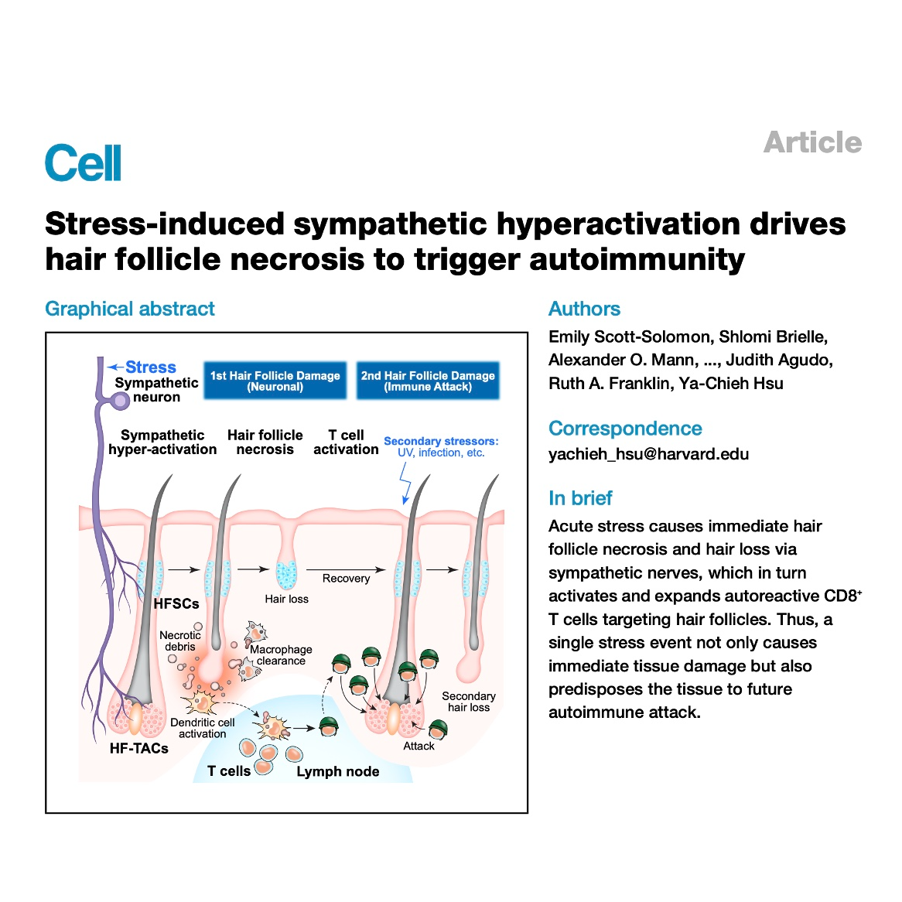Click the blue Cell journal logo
tap(84, 162)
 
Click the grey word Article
tap(812, 142)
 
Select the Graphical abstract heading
tap(129, 309)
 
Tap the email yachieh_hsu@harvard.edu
tap(648, 454)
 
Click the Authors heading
tap(584, 309)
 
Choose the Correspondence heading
tap(625, 429)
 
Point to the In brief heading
tap(580, 498)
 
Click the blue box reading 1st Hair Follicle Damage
tap(275, 381)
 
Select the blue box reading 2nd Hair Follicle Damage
tap(428, 381)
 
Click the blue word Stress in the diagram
tap(151, 367)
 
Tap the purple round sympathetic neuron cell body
tap(120, 401)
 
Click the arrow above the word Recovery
tap(346, 569)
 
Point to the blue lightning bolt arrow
tap(405, 483)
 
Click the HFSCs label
tap(176, 603)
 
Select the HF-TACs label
tap(138, 748)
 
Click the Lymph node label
tap(338, 772)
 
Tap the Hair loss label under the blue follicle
tap(286, 599)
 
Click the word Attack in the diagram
tap(419, 746)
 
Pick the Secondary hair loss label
tap(469, 702)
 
